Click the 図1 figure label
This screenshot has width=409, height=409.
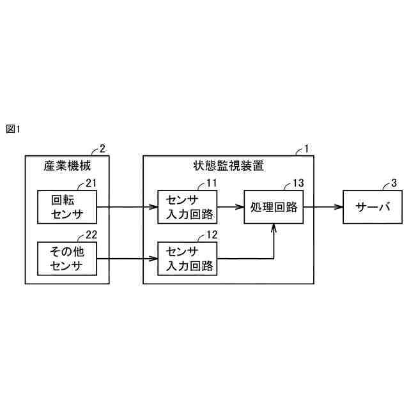(13, 128)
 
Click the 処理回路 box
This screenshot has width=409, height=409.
(274, 206)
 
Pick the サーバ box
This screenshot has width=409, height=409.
(373, 206)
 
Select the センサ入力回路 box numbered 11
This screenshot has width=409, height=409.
(186, 206)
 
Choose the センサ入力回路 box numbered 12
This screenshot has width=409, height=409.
(186, 258)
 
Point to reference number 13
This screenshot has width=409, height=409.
(298, 183)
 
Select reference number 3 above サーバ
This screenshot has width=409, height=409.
(394, 183)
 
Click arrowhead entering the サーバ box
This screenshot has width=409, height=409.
(338, 206)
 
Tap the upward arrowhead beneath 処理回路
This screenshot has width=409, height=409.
(274, 228)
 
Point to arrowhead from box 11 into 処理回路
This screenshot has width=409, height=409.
(240, 206)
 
